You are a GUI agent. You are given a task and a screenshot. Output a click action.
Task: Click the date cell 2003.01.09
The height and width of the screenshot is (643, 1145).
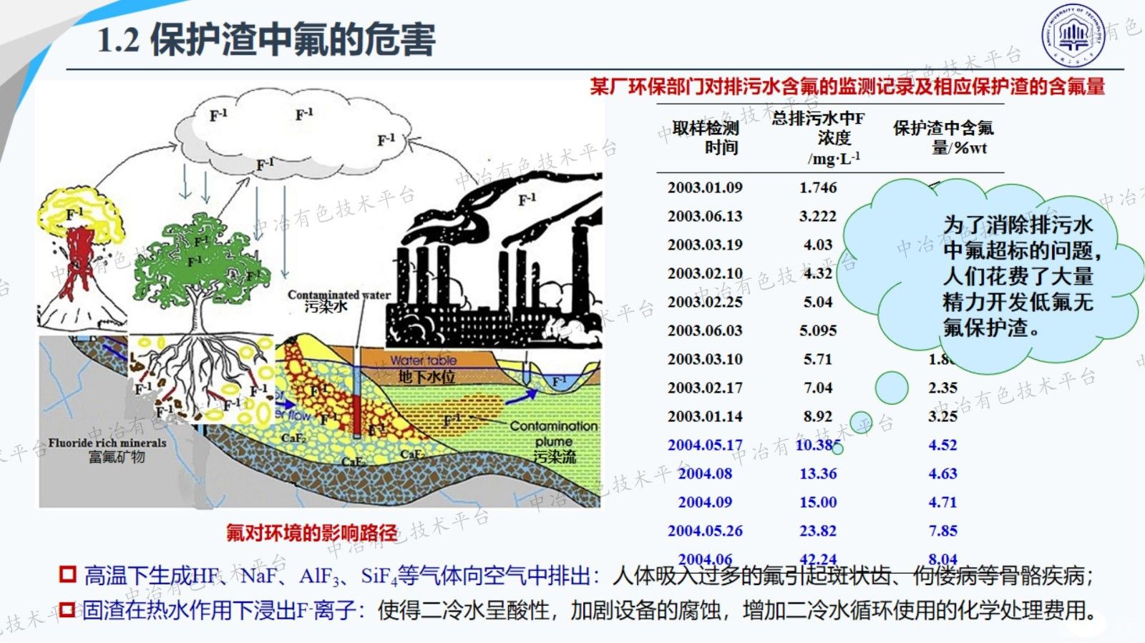(x=705, y=187)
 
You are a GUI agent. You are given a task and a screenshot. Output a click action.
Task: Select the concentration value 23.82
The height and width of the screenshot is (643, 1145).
(x=818, y=531)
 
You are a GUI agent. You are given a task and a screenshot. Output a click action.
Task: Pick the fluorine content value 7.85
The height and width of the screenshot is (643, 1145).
(x=942, y=531)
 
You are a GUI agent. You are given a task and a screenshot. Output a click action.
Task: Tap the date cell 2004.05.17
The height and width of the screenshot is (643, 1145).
(x=705, y=445)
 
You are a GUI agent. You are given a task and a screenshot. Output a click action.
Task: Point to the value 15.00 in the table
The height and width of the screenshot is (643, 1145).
(x=818, y=502)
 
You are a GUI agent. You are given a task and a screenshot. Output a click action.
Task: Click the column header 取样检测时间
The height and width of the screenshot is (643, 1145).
(x=706, y=137)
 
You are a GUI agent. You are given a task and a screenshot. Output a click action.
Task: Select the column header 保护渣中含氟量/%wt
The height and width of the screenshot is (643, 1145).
(x=943, y=137)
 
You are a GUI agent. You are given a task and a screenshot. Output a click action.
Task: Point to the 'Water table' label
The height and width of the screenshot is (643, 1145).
(x=423, y=360)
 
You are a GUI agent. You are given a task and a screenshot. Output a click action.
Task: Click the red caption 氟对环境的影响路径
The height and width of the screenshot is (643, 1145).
(x=311, y=533)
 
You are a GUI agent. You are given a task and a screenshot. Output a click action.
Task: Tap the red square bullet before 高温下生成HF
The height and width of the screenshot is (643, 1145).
(x=68, y=574)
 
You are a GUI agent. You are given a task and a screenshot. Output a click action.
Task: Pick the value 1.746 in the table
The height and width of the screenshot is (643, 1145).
(x=818, y=187)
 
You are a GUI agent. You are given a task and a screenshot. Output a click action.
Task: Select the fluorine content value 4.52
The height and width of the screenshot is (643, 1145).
(x=942, y=445)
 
